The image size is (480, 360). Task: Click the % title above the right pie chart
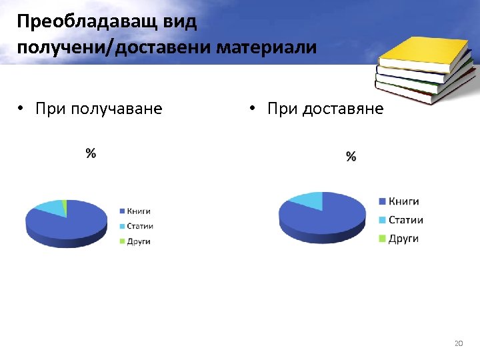[351, 157]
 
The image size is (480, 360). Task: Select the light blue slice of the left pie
[50, 207]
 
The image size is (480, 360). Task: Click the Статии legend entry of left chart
[139, 226]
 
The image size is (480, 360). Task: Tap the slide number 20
[458, 343]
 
